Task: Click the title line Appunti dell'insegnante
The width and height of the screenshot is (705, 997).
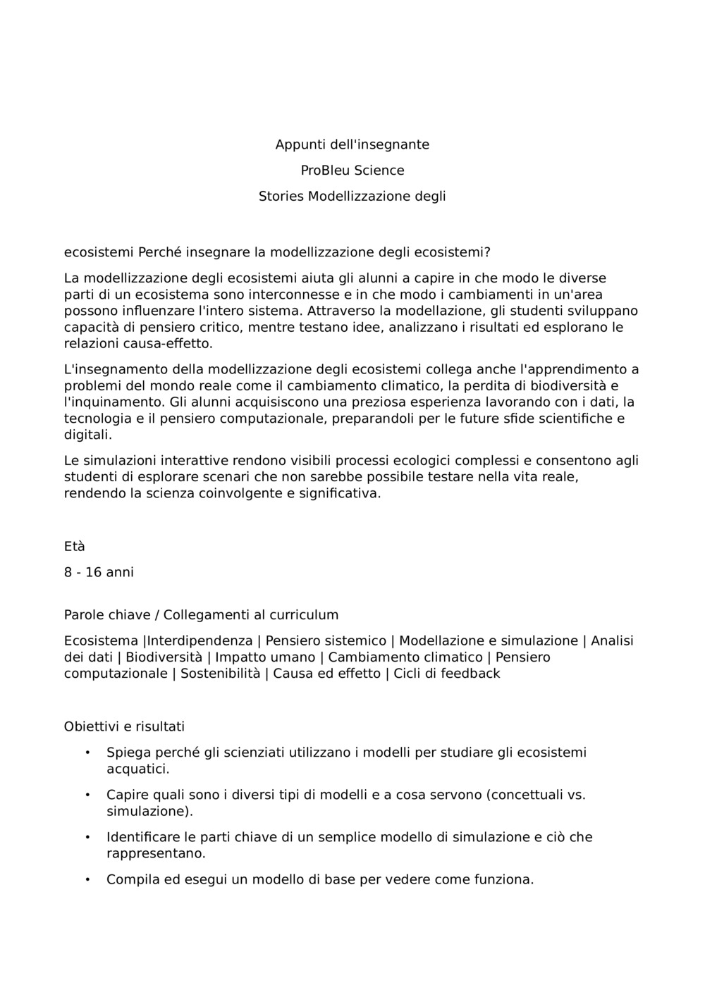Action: click(352, 144)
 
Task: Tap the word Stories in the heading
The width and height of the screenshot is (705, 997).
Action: click(281, 197)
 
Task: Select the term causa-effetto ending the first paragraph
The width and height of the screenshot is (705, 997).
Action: click(167, 344)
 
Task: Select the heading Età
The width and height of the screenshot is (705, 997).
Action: click(74, 547)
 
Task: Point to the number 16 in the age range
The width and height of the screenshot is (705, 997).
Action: click(94, 572)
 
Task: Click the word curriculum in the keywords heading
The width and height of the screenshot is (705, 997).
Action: click(302, 615)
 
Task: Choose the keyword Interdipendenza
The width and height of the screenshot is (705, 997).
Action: click(200, 641)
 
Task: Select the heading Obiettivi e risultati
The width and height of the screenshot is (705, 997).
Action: click(124, 726)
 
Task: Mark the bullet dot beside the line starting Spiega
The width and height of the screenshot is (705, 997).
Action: click(87, 753)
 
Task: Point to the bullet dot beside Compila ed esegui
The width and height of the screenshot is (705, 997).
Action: click(87, 879)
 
